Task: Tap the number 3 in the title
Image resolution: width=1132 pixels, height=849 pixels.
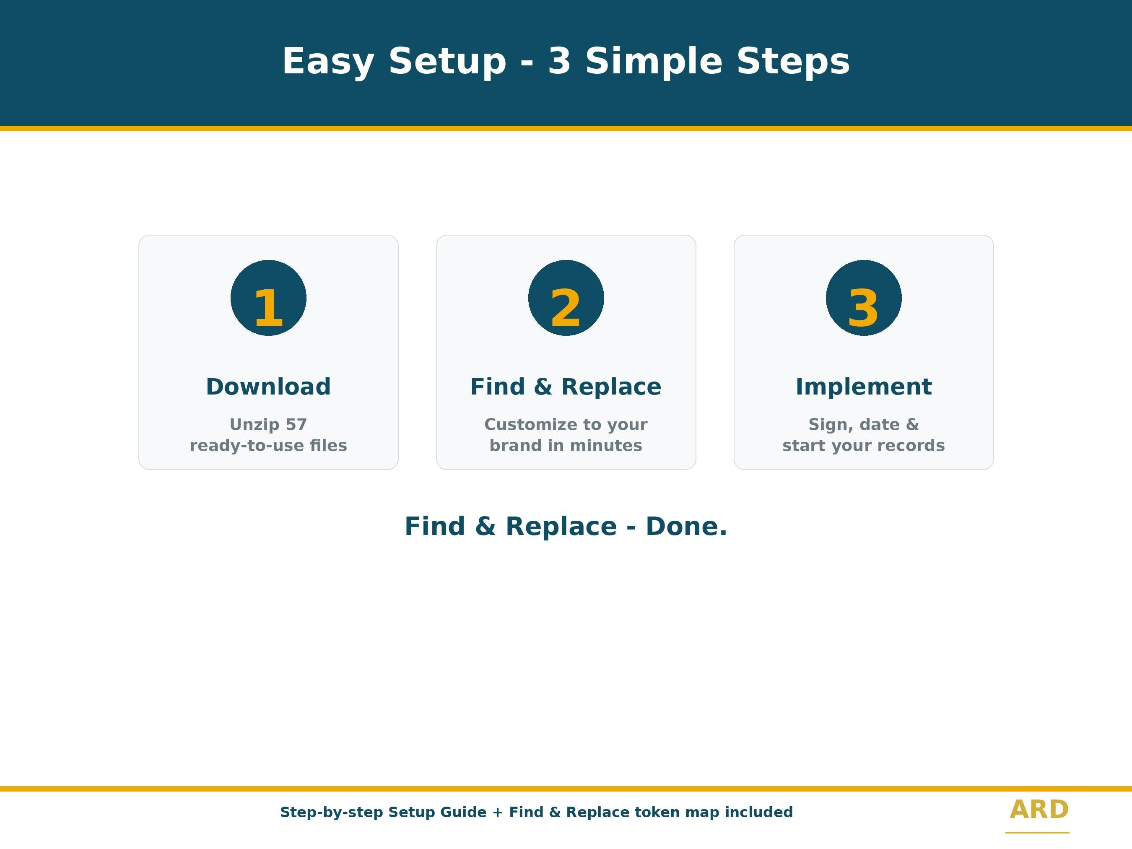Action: tap(559, 61)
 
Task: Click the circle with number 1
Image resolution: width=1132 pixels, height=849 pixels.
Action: tap(268, 298)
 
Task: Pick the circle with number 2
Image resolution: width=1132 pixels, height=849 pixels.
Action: tap(566, 298)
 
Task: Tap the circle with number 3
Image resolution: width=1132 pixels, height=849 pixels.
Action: tap(864, 298)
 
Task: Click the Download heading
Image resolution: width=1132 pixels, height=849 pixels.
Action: tap(268, 387)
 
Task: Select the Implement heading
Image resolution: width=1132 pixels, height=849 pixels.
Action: tap(864, 387)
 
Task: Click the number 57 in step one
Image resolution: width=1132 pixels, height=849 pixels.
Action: tap(296, 424)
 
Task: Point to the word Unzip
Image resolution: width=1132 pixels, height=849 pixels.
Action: tap(254, 425)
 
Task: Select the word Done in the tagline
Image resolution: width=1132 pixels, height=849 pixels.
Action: tap(686, 526)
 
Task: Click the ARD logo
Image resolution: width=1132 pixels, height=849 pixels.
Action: tap(1039, 810)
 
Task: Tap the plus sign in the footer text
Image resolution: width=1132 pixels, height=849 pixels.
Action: tap(497, 812)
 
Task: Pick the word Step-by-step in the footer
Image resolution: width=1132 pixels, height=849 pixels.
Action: tap(332, 813)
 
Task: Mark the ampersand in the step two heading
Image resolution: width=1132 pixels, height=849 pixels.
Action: tap(543, 387)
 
